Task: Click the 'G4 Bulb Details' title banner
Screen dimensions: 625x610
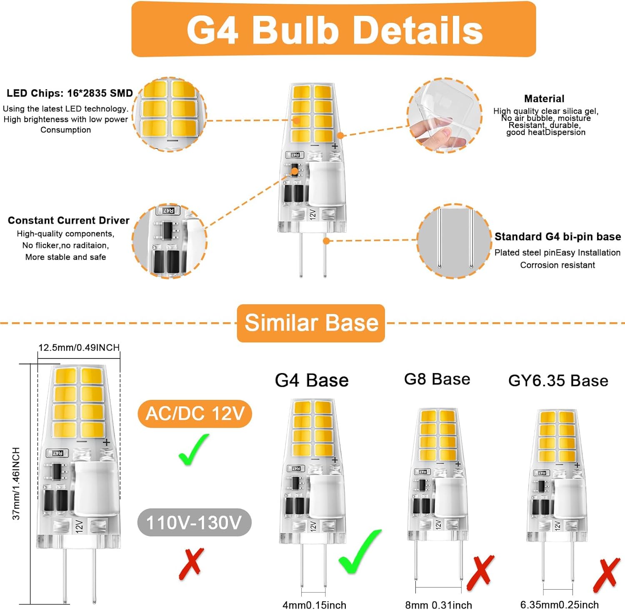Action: (333, 29)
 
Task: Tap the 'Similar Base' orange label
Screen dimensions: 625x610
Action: (311, 323)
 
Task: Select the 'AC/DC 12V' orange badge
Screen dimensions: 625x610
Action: (195, 413)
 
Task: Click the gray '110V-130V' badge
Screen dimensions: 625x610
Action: (195, 522)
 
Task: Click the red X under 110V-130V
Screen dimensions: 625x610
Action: (191, 564)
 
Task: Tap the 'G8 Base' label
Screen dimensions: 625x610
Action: (437, 379)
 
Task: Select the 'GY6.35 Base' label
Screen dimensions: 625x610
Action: (558, 381)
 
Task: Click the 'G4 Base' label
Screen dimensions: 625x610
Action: (312, 380)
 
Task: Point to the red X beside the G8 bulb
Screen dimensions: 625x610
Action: (480, 573)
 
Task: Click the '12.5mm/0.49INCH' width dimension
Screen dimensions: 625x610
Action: (79, 347)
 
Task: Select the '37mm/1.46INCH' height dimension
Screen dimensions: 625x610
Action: (16, 483)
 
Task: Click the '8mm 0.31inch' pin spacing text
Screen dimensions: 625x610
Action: (439, 605)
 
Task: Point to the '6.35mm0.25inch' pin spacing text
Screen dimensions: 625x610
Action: (559, 605)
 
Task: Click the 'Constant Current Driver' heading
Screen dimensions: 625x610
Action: (69, 220)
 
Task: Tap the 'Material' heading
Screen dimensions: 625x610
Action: (544, 99)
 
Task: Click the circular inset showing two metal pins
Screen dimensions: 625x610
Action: (455, 241)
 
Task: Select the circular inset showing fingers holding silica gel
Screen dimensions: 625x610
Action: (445, 115)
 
